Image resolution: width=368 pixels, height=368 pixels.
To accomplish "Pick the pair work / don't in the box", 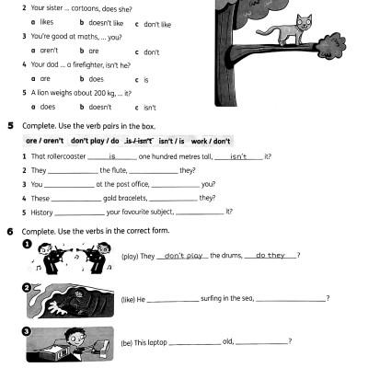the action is pyautogui.click(x=213, y=141).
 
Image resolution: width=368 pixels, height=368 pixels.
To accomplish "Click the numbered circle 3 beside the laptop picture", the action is pyautogui.click(x=28, y=328).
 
